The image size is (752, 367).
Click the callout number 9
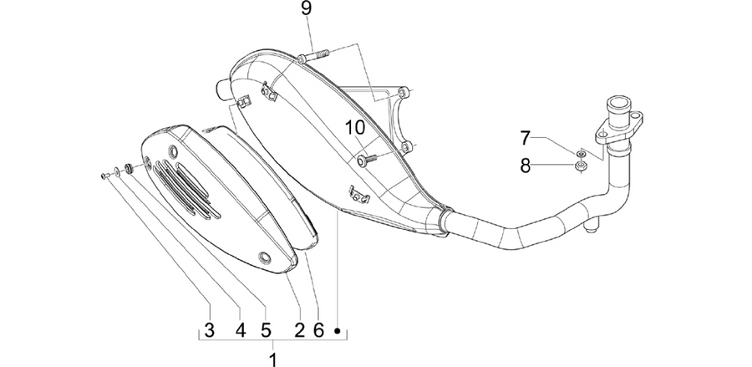(x=307, y=9)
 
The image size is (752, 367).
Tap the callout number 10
(x=354, y=128)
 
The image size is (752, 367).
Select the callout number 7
(x=526, y=139)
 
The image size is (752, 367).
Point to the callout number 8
(x=526, y=166)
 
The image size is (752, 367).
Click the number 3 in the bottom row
(x=209, y=330)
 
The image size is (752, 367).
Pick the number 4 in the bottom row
(x=241, y=330)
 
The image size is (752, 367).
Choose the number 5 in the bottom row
(x=266, y=330)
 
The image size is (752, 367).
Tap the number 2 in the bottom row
(x=300, y=330)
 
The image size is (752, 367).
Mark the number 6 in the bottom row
(x=318, y=330)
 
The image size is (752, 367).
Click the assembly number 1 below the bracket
(x=273, y=359)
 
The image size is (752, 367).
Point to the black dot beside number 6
(x=338, y=331)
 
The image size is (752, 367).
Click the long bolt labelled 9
(x=314, y=54)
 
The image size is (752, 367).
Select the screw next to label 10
(x=368, y=161)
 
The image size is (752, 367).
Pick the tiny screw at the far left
(x=104, y=176)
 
